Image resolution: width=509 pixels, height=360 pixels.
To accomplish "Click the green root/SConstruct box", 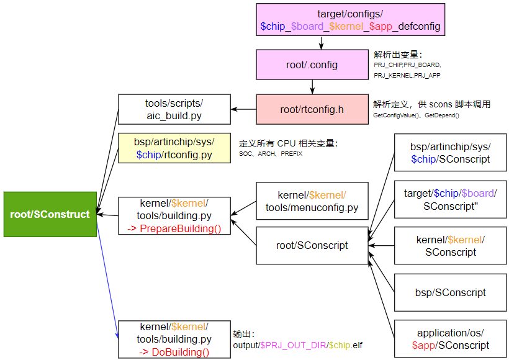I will [50, 214].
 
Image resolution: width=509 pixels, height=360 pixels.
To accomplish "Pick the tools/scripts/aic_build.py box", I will [174, 109].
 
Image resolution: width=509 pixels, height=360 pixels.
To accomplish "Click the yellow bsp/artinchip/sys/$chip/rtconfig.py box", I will [174, 148].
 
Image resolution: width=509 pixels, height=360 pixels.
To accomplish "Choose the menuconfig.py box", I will [312, 200].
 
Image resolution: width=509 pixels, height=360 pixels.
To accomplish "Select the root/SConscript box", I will [312, 245].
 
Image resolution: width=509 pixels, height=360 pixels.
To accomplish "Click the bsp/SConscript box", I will [450, 292].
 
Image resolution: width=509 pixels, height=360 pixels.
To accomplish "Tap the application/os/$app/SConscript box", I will [450, 339].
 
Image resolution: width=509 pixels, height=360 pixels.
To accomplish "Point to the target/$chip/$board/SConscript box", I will [450, 199].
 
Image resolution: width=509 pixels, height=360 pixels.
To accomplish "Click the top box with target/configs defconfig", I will [351, 19].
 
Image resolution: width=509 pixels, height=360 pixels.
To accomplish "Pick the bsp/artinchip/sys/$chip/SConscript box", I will [450, 153].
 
